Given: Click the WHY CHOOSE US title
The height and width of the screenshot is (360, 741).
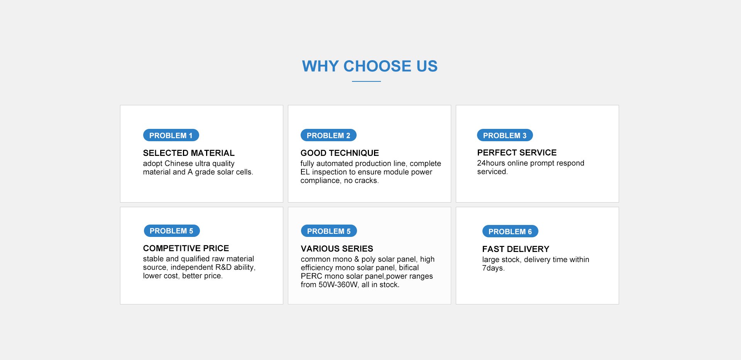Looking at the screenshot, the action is (370, 66).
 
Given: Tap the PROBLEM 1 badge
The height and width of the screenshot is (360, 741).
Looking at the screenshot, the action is (171, 135).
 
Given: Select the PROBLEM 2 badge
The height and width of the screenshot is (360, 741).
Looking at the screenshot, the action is (328, 135).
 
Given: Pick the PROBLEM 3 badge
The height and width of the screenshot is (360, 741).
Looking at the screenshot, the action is (505, 135).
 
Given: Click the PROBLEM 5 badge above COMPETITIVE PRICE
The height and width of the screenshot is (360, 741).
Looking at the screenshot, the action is (172, 231).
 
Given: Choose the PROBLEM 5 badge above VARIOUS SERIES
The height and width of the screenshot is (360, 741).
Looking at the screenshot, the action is (329, 231).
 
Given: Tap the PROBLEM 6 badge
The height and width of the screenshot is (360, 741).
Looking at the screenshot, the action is (510, 232).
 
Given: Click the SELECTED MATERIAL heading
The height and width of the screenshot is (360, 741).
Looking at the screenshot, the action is (189, 153).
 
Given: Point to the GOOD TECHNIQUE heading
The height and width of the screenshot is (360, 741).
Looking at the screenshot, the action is (340, 153).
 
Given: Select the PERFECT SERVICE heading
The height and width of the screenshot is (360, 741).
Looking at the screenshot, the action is (517, 152).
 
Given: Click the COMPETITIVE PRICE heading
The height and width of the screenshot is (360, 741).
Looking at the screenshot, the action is (186, 248).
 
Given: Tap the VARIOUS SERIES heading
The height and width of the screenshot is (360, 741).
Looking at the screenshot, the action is (337, 248).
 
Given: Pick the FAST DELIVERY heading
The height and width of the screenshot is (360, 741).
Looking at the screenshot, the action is (516, 249).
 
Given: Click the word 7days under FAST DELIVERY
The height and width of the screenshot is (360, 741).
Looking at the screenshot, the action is (493, 268).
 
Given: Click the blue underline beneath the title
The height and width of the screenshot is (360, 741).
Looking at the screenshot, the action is (366, 81).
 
